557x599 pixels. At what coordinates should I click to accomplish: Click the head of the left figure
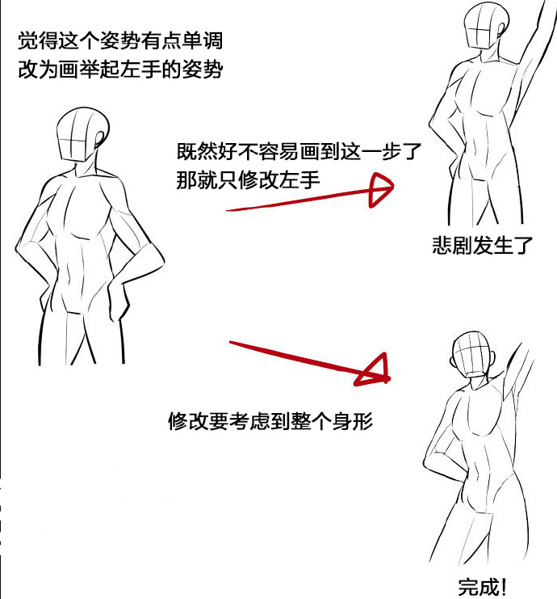pyautogui.click(x=82, y=134)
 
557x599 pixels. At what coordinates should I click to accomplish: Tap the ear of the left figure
pyautogui.click(x=100, y=139)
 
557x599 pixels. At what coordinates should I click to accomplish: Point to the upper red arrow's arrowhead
pyautogui.click(x=380, y=190)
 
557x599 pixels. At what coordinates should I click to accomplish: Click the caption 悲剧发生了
pyautogui.click(x=482, y=245)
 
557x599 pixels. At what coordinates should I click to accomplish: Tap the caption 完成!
pyautogui.click(x=482, y=586)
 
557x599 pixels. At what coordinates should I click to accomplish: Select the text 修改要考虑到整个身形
pyautogui.click(x=270, y=421)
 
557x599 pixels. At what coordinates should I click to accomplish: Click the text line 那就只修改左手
pyautogui.click(x=248, y=180)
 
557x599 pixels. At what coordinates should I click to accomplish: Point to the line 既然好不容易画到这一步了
pyautogui.click(x=299, y=151)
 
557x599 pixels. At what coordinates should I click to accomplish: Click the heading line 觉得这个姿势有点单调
pyautogui.click(x=120, y=40)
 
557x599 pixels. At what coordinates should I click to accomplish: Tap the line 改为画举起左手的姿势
pyautogui.click(x=120, y=70)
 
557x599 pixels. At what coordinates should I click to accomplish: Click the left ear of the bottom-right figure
pyautogui.click(x=453, y=361)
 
